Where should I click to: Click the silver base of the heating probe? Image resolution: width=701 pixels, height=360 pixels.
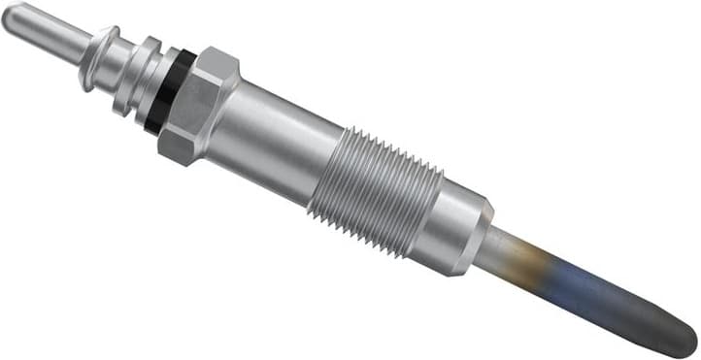click(505, 249)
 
